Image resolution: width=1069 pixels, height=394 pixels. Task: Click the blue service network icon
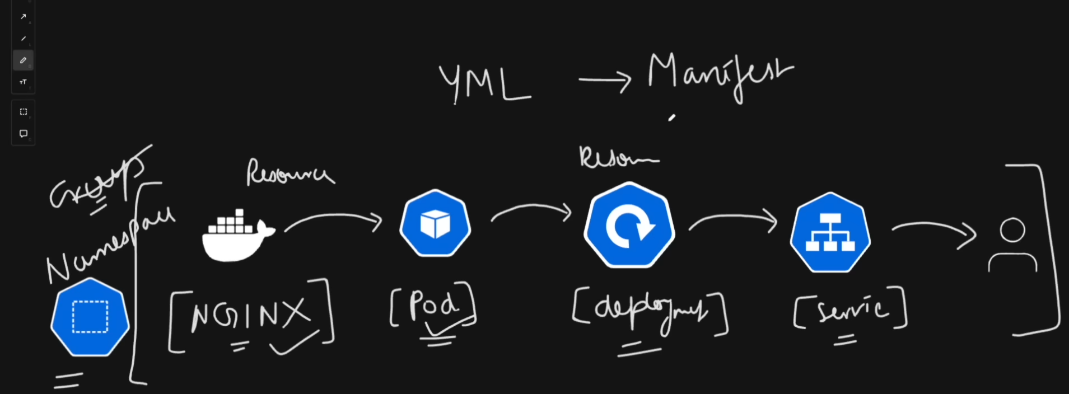tap(830, 232)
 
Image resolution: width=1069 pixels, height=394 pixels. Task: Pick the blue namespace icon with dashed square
tap(90, 317)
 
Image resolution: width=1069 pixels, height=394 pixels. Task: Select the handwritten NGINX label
tap(250, 315)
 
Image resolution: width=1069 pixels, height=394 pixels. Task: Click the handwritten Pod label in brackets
tap(433, 305)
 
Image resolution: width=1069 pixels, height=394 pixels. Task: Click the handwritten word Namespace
tap(110, 246)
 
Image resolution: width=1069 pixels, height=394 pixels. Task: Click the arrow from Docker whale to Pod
tap(333, 219)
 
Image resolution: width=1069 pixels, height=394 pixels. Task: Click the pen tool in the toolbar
tap(23, 60)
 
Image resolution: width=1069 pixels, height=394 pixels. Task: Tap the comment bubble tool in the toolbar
tap(23, 134)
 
